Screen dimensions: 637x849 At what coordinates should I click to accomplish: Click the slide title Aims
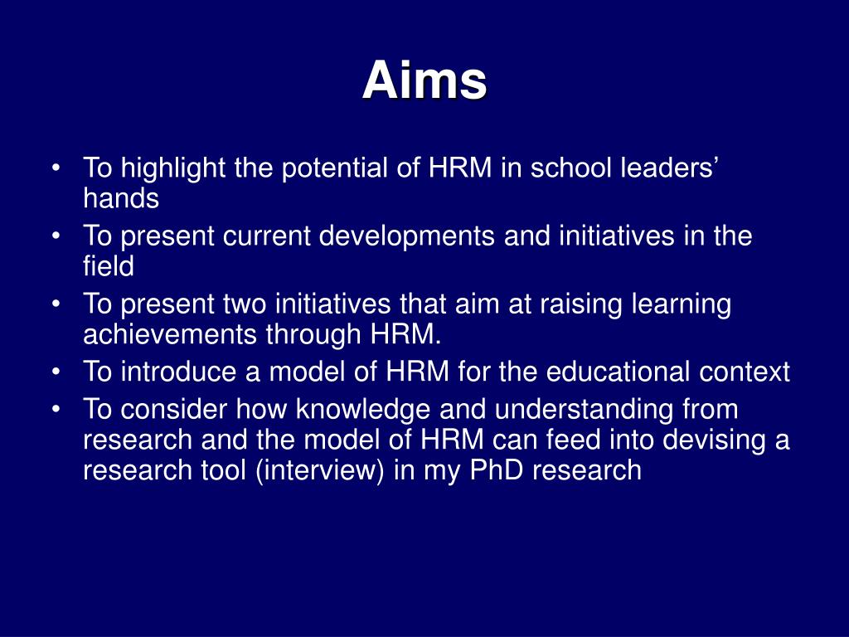424,81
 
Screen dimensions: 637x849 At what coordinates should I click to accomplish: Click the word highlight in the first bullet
173,168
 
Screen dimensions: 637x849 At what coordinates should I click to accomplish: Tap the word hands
120,198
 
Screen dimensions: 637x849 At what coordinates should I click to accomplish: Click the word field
108,266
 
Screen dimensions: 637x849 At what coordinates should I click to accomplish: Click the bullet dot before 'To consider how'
57,411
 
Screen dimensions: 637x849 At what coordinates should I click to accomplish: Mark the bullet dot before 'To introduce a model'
57,373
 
